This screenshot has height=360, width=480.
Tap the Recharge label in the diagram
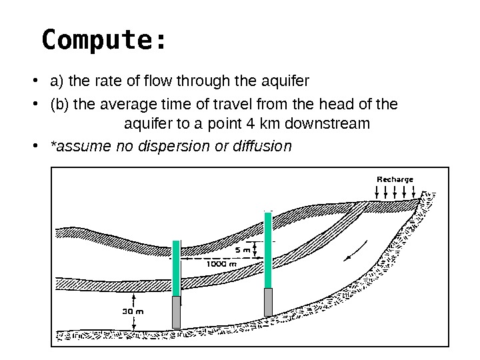(x=395, y=179)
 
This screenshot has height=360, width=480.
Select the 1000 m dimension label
(x=221, y=263)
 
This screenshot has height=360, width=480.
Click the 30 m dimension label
(x=133, y=311)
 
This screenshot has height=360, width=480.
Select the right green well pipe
(x=268, y=250)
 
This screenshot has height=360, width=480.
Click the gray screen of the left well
(x=177, y=312)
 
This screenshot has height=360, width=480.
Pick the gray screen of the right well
(x=268, y=302)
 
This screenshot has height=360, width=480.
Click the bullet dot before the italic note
(x=42, y=145)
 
